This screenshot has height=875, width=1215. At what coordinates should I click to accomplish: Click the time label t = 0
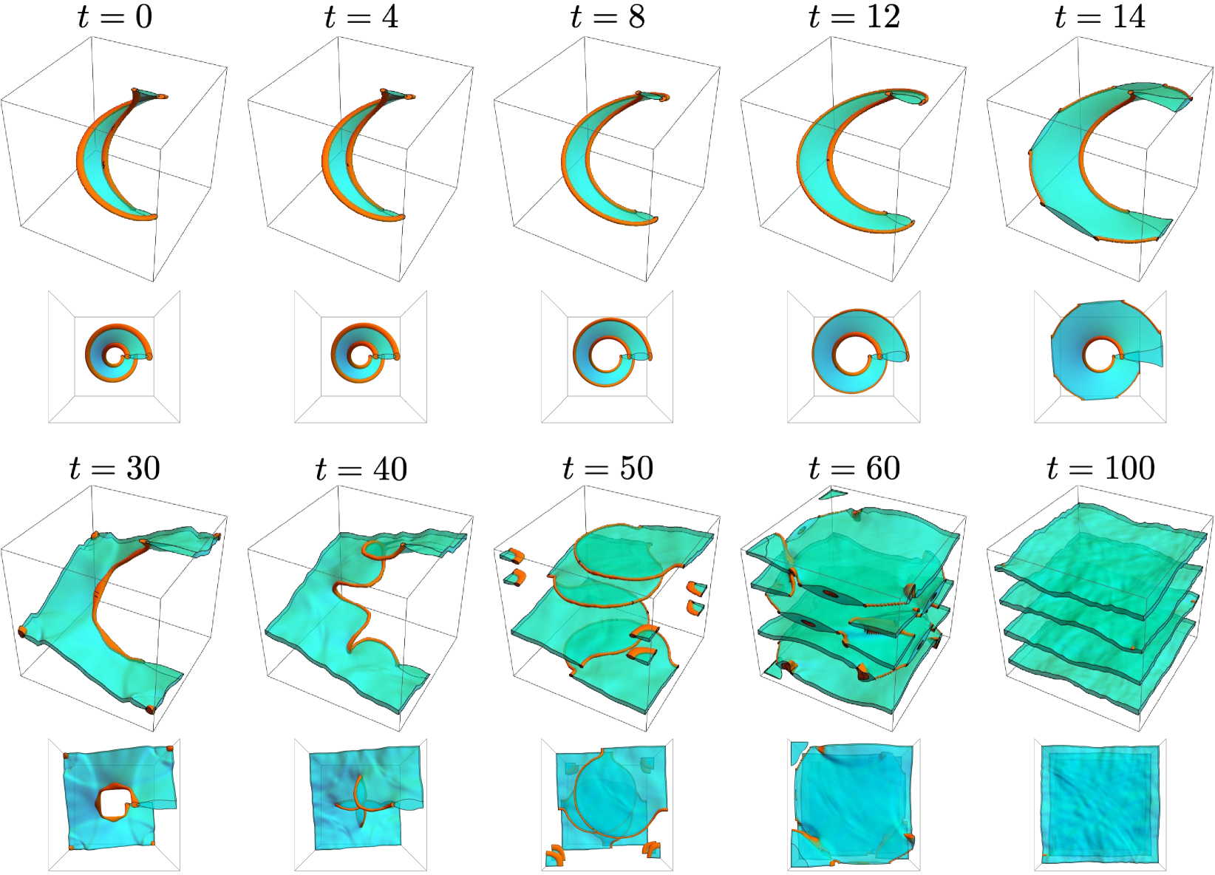(x=115, y=17)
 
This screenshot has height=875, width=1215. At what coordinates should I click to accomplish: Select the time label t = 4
(x=361, y=17)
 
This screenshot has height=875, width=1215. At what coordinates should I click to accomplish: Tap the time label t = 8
(x=607, y=17)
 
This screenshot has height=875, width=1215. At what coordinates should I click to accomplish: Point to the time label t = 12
(x=854, y=17)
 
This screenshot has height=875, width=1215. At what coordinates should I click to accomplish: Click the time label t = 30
(x=115, y=468)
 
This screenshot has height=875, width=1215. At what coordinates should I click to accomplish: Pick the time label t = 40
(x=361, y=468)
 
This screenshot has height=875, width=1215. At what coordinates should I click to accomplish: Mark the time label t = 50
(x=607, y=468)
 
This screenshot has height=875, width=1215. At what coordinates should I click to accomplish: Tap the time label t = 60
(x=854, y=468)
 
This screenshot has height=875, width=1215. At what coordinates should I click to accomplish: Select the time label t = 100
(x=1100, y=468)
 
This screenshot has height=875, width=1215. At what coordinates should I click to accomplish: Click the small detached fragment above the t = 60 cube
(x=833, y=494)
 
